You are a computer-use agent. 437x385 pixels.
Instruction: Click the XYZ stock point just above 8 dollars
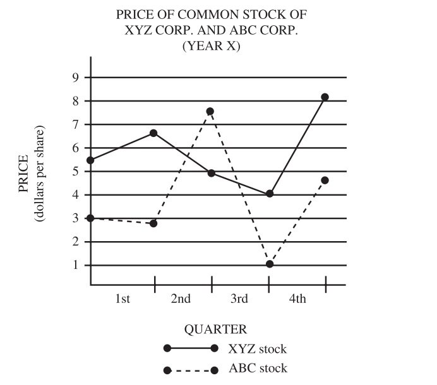click(x=325, y=97)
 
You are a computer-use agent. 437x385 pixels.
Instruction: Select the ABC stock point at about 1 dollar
click(x=270, y=264)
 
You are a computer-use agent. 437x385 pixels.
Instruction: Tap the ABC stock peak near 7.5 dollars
click(x=210, y=112)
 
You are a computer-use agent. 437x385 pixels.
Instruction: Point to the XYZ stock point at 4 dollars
click(x=270, y=194)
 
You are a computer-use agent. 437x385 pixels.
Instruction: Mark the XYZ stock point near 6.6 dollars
click(x=153, y=133)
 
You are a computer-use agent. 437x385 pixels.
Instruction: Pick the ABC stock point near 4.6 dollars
click(x=325, y=181)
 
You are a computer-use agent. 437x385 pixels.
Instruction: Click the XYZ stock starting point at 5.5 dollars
click(x=91, y=160)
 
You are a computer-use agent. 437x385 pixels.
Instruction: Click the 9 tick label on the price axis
click(x=75, y=78)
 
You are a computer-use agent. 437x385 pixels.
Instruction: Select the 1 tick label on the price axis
click(x=75, y=265)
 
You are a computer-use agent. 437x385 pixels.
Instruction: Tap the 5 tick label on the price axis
click(x=75, y=172)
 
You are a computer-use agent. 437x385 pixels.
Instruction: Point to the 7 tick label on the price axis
click(x=75, y=124)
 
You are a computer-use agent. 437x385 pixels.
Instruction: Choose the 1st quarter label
click(x=123, y=299)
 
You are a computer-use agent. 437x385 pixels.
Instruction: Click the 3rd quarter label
click(x=239, y=299)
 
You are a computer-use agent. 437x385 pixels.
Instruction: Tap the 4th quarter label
click(x=297, y=299)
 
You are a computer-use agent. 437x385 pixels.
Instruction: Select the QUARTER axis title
click(x=215, y=329)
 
